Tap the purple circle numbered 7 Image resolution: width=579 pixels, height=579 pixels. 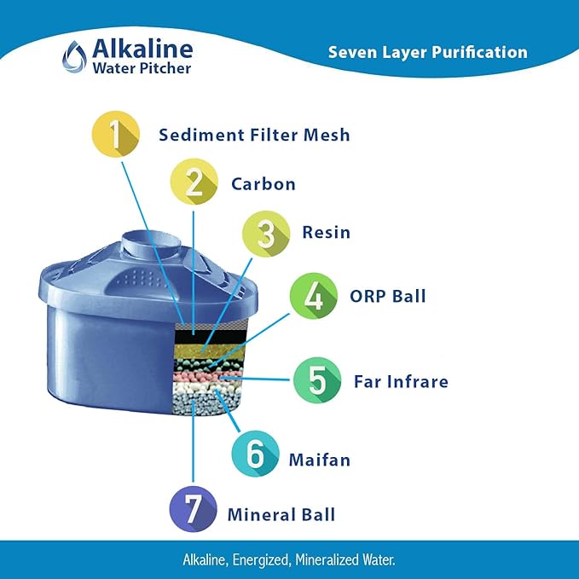point(194,513)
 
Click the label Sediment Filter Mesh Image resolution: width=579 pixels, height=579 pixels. point(254,135)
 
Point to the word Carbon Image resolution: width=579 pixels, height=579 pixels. point(263,183)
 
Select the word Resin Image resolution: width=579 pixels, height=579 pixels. point(326,233)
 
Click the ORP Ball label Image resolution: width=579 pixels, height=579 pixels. point(387,297)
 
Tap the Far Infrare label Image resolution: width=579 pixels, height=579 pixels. point(401,381)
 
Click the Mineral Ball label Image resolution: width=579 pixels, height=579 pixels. point(281,514)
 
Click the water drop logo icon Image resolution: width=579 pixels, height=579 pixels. point(73,56)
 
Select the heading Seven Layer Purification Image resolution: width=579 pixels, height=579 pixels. point(427,52)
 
